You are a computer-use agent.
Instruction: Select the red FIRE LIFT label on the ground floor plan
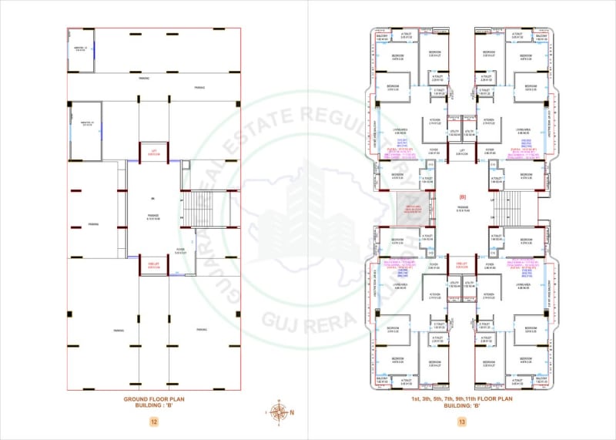[154, 266]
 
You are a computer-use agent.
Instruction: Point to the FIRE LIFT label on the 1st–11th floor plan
[462, 266]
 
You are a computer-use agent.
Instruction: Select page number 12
[154, 421]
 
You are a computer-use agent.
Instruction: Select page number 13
[462, 421]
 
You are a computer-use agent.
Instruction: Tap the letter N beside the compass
[291, 411]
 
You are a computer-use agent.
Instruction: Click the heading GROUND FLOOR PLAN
[154, 398]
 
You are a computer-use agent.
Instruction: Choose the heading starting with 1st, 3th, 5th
[462, 398]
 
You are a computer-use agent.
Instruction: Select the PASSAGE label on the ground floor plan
[154, 211]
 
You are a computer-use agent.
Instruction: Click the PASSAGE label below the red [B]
[462, 210]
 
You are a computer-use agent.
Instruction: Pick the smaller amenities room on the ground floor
[81, 51]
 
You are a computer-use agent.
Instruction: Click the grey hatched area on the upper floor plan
[412, 209]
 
